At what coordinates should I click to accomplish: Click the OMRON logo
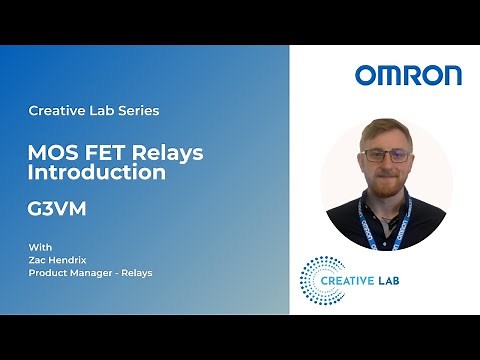click(408, 75)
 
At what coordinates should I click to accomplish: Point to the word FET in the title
click(98, 153)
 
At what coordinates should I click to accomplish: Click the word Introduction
click(97, 173)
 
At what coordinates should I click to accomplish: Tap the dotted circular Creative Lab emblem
click(322, 279)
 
